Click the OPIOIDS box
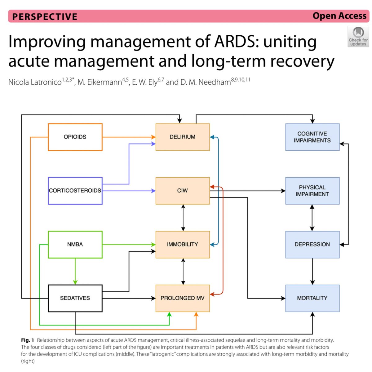coord(75,137)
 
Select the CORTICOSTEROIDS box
coord(75,191)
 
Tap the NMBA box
coord(75,244)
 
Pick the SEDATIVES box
coord(75,298)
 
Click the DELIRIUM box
coord(183,137)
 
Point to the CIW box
coord(183,191)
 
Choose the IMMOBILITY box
coord(183,244)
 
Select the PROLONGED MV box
coord(183,298)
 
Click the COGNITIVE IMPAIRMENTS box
coord(312,137)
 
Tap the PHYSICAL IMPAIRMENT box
coord(312,191)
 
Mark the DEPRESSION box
coord(312,244)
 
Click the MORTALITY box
coord(312,298)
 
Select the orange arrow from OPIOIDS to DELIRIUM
coord(129,137)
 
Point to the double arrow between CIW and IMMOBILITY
coord(183,218)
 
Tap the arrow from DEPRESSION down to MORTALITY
coord(312,271)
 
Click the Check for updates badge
coord(358,37)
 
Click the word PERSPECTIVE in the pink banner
coord(45,16)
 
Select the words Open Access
coord(339,16)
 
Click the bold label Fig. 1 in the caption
coord(28,340)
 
